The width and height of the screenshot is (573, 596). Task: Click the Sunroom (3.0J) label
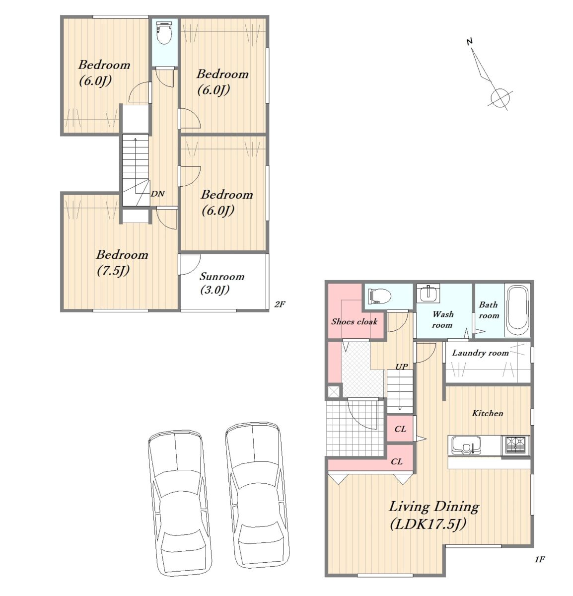click(222, 283)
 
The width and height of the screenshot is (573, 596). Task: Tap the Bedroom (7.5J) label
click(122, 262)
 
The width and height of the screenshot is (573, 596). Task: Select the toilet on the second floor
click(165, 32)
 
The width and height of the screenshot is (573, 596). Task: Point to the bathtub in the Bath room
click(517, 311)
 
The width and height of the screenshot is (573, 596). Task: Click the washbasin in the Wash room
click(428, 294)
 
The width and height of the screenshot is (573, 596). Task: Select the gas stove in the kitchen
click(515, 445)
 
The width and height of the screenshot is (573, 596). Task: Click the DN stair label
click(158, 194)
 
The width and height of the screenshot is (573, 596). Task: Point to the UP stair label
click(401, 367)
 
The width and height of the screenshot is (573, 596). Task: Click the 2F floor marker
click(280, 304)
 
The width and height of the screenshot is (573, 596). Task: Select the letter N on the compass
click(470, 41)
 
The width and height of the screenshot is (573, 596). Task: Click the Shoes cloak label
click(355, 321)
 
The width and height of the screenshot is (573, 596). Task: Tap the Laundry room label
click(480, 353)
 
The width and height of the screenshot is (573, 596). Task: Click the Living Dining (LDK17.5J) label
click(433, 515)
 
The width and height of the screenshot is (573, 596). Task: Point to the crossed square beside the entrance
click(334, 392)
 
